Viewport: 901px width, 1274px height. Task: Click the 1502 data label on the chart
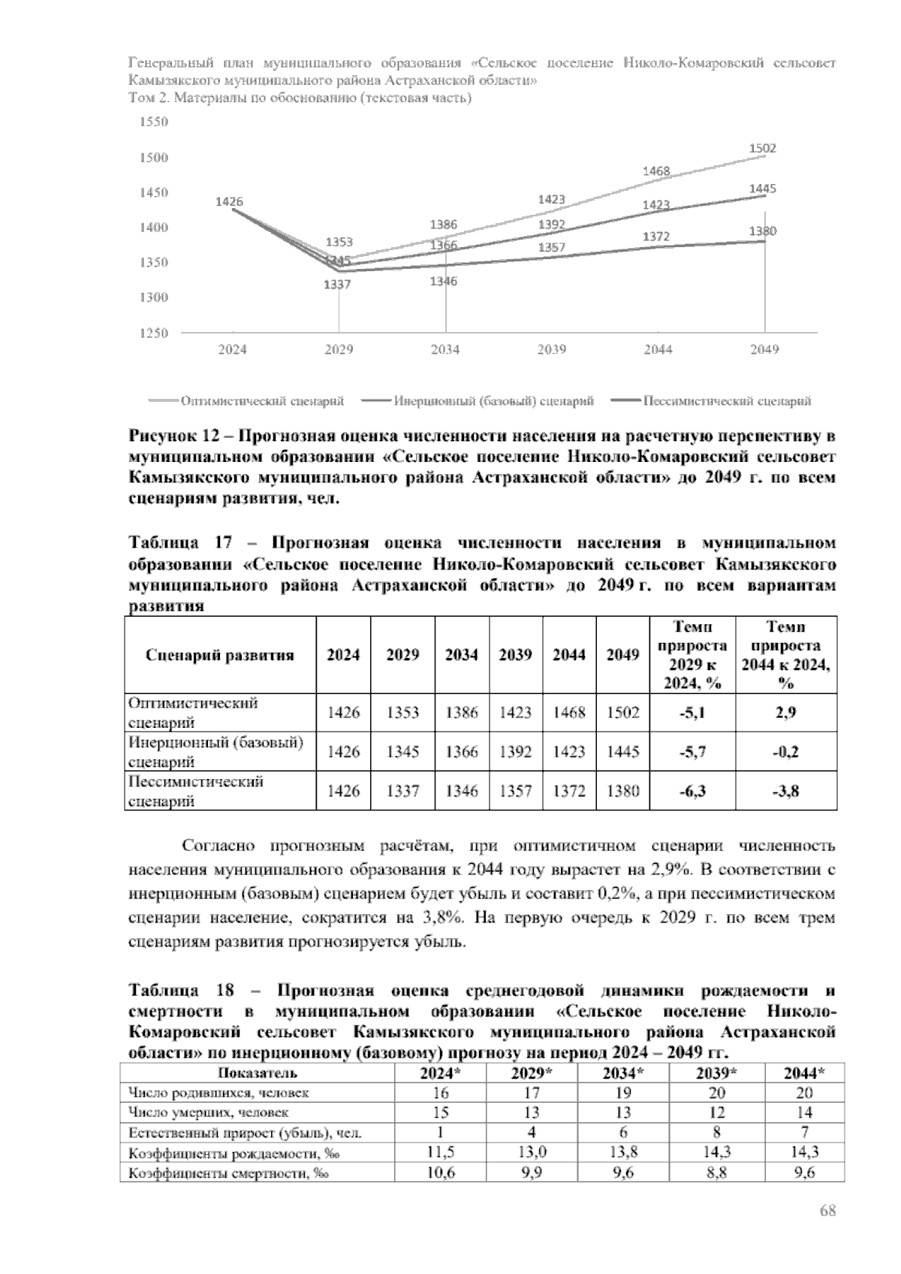(763, 149)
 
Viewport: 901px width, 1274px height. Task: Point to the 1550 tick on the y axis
(155, 122)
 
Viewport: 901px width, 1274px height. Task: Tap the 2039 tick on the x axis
(552, 349)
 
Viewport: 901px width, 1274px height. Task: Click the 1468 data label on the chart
(656, 172)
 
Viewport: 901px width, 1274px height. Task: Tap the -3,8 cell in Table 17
(785, 790)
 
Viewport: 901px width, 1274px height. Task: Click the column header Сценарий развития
(219, 654)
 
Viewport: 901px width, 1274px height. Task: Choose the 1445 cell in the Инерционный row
(622, 751)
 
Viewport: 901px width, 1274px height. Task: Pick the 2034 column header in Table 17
(461, 654)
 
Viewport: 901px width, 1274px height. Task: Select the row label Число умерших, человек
(209, 1112)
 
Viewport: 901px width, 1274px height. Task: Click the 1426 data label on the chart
(229, 201)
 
